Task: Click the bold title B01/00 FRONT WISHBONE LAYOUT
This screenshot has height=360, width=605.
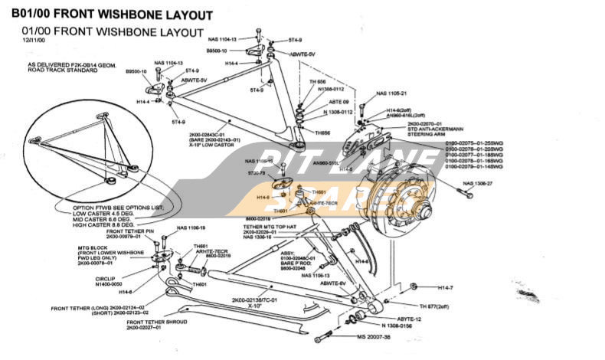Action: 112,14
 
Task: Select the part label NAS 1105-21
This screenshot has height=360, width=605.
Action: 391,93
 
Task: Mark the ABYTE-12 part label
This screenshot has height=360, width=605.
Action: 408,318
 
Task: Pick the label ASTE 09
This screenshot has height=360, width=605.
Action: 339,102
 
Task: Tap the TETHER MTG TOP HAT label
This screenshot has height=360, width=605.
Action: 270,227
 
